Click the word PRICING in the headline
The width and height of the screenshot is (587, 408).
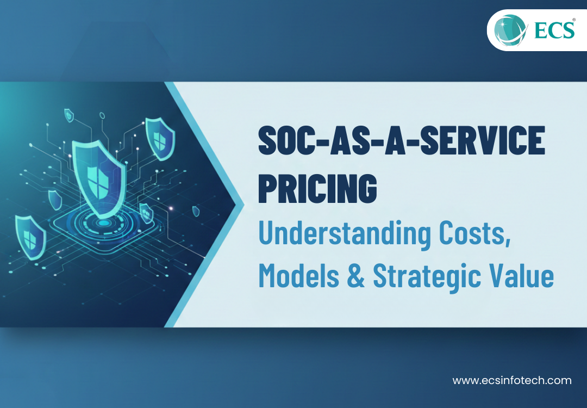tap(317, 188)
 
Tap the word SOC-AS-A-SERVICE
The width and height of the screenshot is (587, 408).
tap(401, 141)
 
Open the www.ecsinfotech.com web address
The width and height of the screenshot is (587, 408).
tap(512, 380)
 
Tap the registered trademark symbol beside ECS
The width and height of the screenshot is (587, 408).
tap(573, 18)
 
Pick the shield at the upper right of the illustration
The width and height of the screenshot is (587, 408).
tap(159, 139)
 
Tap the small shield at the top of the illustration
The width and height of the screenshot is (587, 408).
tap(69, 115)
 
